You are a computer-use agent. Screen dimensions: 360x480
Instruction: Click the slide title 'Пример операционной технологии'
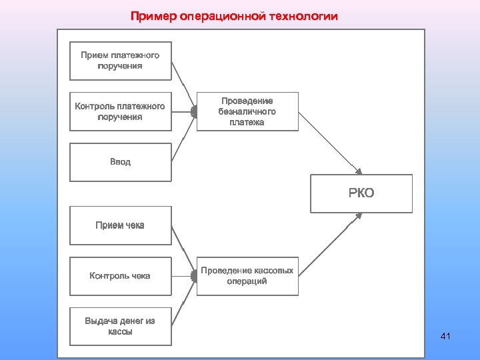[234, 16]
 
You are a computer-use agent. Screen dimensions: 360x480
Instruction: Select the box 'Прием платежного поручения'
[120, 61]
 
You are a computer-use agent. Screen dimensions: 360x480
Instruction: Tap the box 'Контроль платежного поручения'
[120, 111]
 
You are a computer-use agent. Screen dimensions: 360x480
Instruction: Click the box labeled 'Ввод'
[120, 162]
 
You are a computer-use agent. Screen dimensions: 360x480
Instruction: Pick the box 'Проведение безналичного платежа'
[247, 111]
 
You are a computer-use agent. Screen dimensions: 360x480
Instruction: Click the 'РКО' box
[361, 193]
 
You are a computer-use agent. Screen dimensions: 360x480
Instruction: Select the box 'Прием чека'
[120, 225]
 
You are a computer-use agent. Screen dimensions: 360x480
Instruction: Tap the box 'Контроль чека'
[120, 275]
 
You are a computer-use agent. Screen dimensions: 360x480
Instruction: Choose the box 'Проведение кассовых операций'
[247, 276]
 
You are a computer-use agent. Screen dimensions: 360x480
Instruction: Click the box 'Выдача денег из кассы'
[120, 326]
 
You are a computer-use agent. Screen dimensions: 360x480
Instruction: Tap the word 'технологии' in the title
[305, 16]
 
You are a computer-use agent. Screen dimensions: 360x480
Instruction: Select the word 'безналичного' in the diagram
[247, 111]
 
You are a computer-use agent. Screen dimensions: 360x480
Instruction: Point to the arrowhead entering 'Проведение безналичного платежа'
[194, 111]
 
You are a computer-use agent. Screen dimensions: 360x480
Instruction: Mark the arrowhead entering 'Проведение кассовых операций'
[194, 276]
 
